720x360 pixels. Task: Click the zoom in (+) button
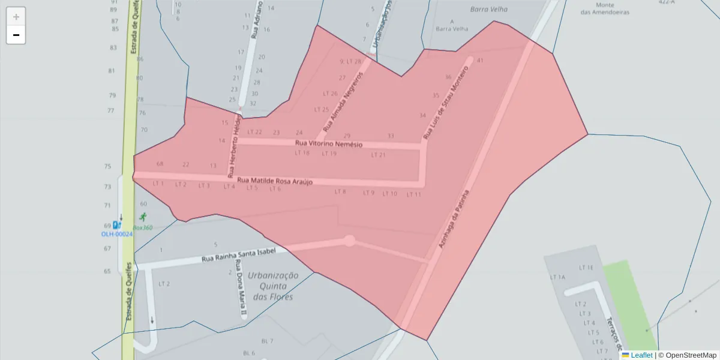(x=16, y=17)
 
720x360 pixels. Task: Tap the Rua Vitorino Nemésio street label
(x=328, y=144)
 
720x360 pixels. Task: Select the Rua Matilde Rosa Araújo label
(x=275, y=181)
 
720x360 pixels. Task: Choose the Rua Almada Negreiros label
(x=343, y=102)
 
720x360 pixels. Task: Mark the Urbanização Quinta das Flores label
(x=273, y=286)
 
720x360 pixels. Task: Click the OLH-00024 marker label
(x=116, y=234)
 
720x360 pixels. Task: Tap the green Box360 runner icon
(x=143, y=217)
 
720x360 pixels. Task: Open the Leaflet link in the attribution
(x=641, y=355)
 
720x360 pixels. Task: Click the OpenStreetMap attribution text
(x=687, y=355)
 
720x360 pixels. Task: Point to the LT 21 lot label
(x=378, y=155)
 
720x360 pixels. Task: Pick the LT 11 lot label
(x=414, y=194)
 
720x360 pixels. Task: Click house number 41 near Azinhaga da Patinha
(x=480, y=61)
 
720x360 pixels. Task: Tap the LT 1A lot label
(x=558, y=277)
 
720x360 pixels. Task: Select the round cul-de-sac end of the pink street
(x=349, y=241)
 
